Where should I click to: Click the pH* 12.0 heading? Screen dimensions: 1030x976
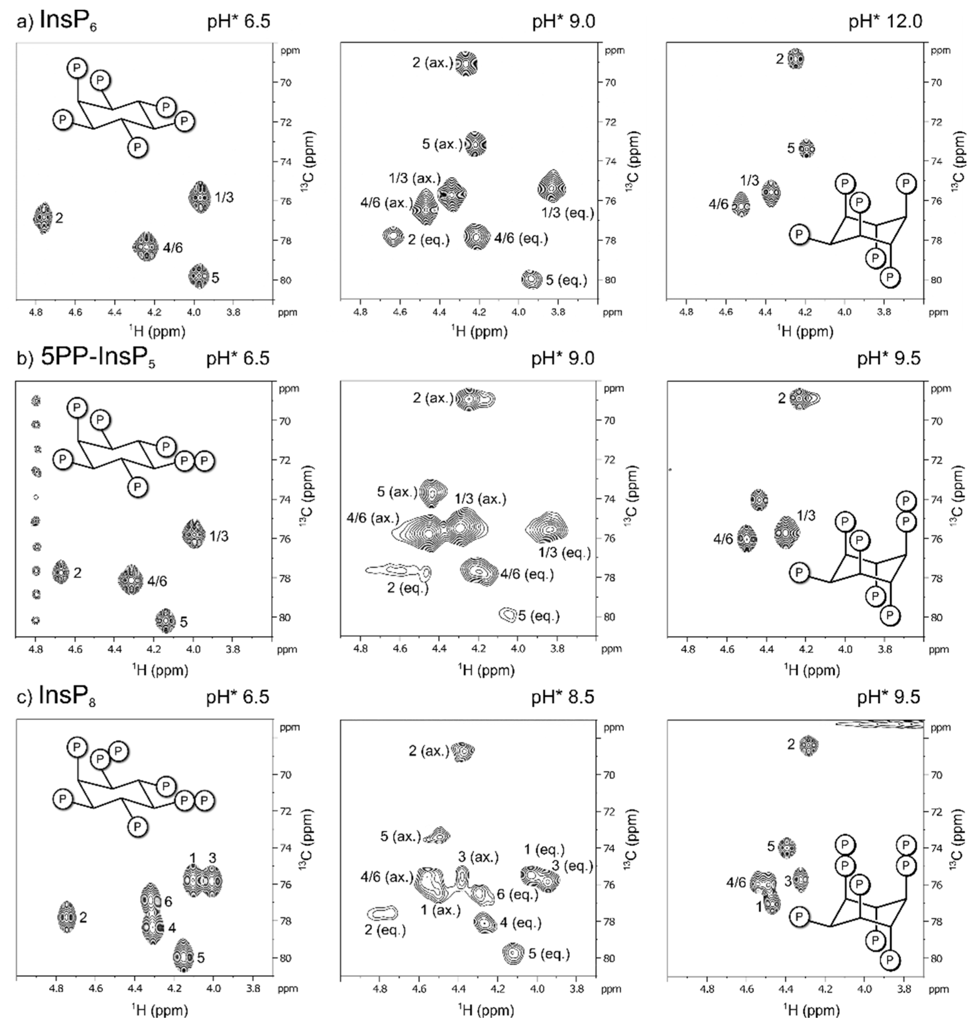pyautogui.click(x=885, y=23)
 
